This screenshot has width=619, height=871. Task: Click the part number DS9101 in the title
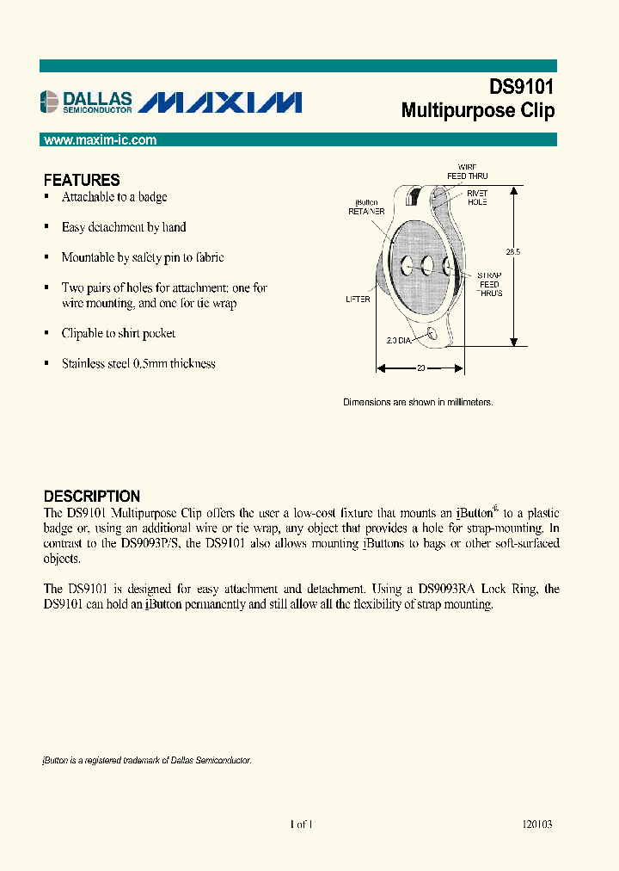click(521, 87)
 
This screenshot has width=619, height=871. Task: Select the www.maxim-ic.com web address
click(100, 140)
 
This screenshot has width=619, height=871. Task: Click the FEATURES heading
click(82, 181)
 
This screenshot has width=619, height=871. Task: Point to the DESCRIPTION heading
click(91, 497)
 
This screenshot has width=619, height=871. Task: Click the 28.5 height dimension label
click(513, 252)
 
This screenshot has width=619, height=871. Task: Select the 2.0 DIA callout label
click(398, 341)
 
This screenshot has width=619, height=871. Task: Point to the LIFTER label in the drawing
click(358, 299)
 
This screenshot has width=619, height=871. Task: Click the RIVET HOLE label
click(477, 198)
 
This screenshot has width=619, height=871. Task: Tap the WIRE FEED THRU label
click(467, 170)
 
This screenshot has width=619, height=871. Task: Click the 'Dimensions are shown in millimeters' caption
click(418, 402)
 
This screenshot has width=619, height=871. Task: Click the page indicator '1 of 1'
click(301, 824)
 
